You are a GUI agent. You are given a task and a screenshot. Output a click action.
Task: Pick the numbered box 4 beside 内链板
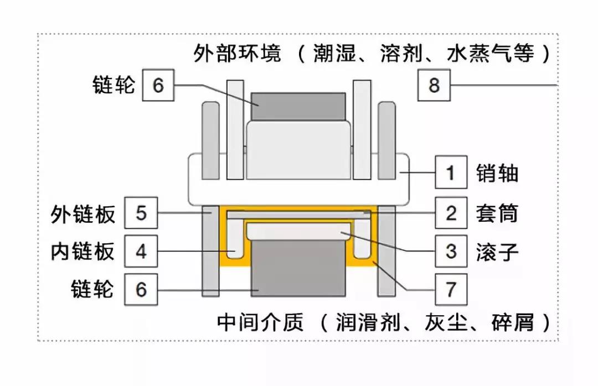141,252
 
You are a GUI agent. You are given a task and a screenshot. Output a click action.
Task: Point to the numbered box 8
434,86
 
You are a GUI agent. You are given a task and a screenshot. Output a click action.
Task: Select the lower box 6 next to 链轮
141,289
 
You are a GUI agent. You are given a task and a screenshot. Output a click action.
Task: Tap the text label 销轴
497,174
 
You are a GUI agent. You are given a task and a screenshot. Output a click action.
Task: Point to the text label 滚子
497,252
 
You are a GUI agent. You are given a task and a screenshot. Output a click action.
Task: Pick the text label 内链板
83,252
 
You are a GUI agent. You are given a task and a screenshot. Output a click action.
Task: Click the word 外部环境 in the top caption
238,54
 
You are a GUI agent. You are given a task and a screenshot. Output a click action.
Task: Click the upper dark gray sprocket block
298,107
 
